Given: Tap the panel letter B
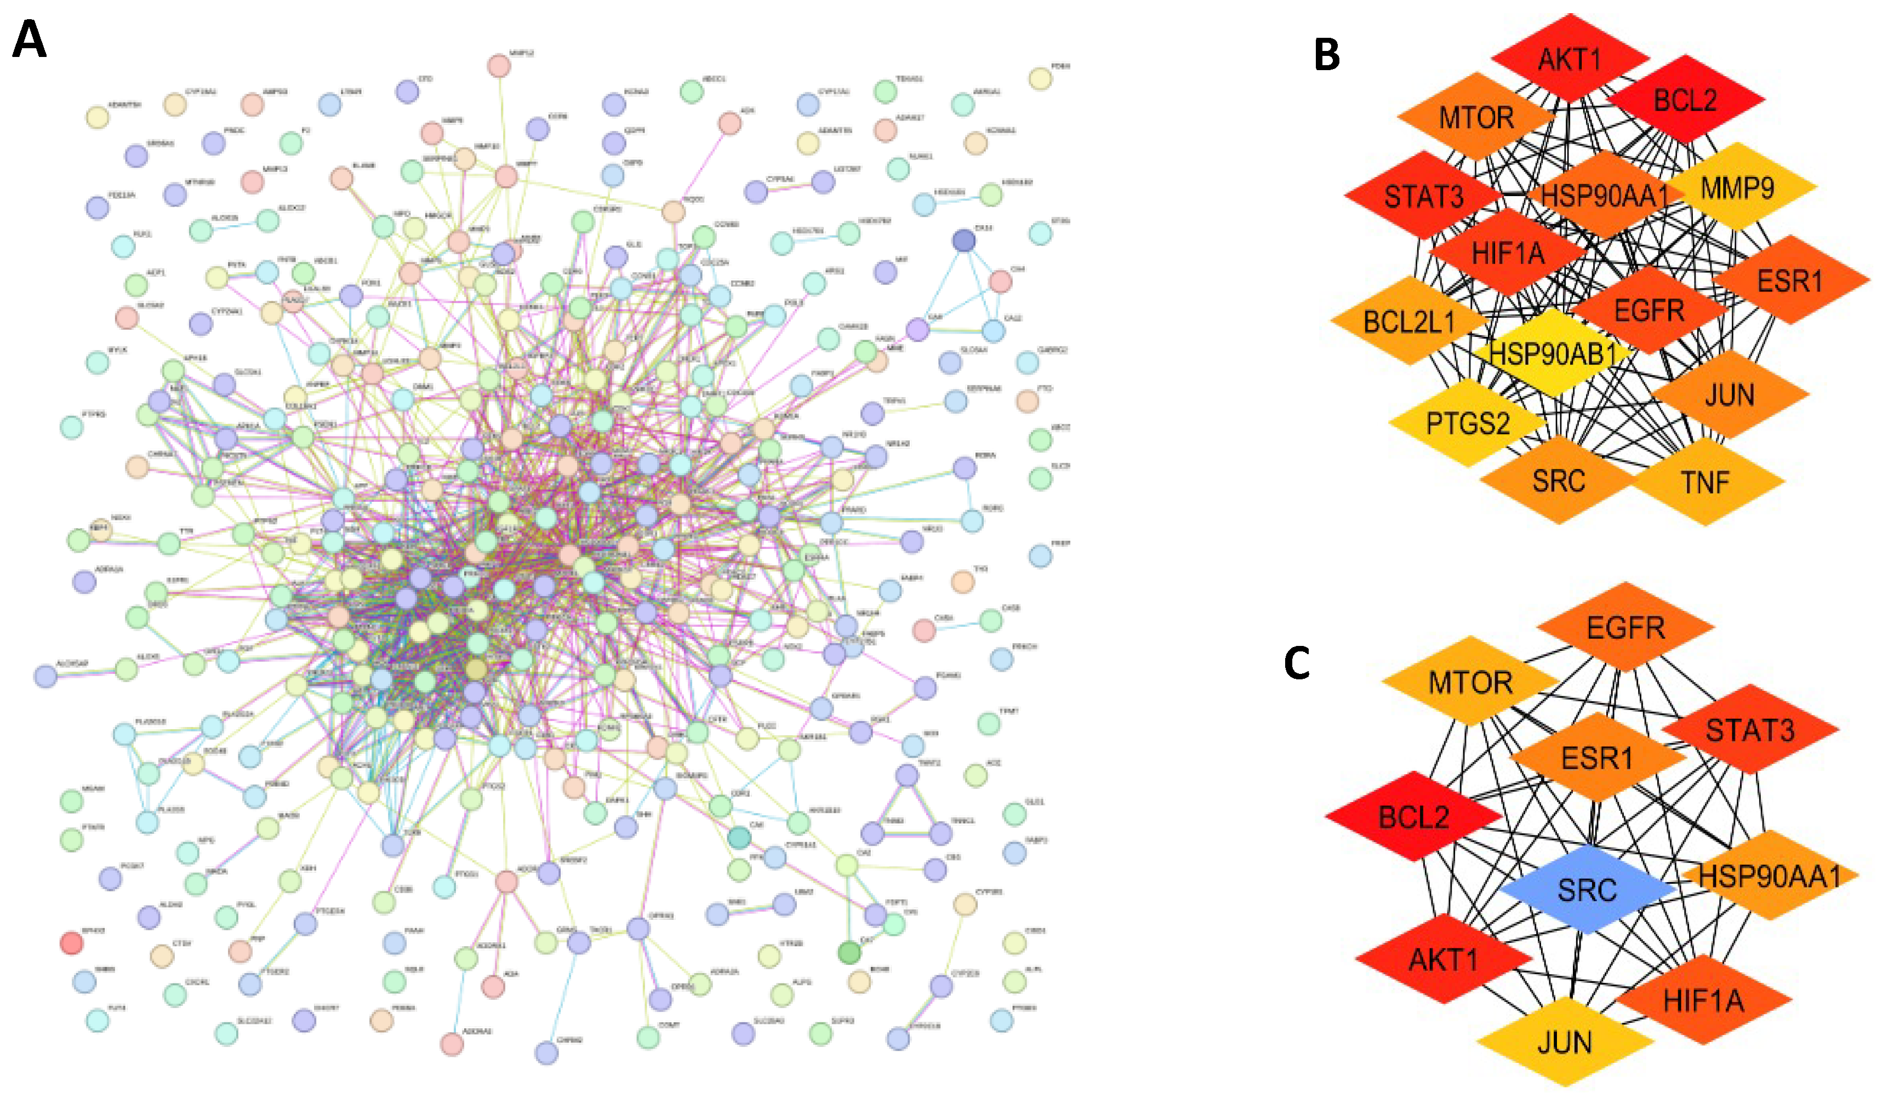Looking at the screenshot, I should tap(1327, 54).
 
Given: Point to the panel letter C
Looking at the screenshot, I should tap(1297, 662).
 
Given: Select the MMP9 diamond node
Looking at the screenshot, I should tap(1737, 187).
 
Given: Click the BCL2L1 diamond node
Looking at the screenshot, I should tap(1408, 322).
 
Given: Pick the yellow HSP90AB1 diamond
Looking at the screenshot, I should tap(1553, 353).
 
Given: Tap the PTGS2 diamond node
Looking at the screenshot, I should tap(1468, 423).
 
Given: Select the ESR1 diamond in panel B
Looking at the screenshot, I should tap(1790, 281).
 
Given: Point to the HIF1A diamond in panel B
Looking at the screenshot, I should tap(1508, 253).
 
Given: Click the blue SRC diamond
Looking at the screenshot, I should tap(1587, 890).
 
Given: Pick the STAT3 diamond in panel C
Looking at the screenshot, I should tap(1750, 729).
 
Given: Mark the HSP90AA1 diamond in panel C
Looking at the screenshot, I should tap(1769, 875).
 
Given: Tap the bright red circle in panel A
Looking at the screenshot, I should tap(71, 942).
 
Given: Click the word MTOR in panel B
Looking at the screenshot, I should tap(1476, 118).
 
